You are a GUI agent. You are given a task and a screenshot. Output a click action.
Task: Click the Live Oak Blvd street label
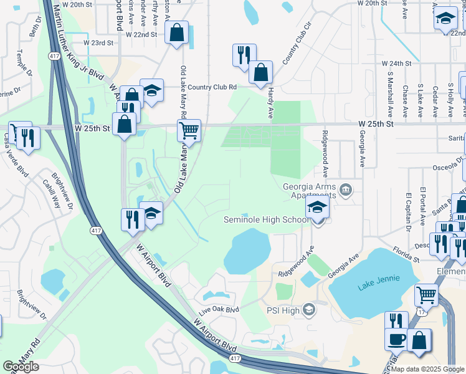tap(219, 310)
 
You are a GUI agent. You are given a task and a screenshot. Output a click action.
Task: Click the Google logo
tap(21, 367)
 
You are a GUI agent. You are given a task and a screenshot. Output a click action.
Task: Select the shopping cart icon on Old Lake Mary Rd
tap(189, 130)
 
